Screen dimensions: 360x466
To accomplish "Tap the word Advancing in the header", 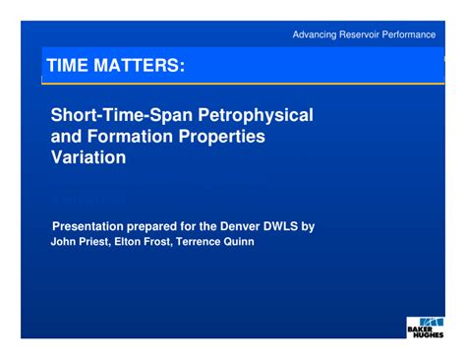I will (318, 34).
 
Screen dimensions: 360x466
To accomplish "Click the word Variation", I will (88, 157).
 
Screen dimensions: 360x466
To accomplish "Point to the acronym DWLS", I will (290, 226).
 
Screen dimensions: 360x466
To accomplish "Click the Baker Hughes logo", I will (426, 327).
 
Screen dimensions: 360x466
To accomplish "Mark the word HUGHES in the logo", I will (426, 335).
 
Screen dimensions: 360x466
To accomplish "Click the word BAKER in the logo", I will (425, 329).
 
